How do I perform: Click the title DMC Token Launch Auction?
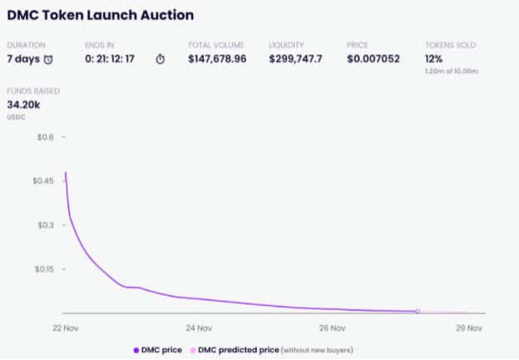click(x=100, y=15)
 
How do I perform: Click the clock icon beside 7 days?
click(x=49, y=59)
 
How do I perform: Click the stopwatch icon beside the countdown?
click(x=161, y=59)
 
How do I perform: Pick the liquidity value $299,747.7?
click(x=297, y=58)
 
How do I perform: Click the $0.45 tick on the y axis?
click(x=42, y=180)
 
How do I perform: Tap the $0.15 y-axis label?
click(x=42, y=269)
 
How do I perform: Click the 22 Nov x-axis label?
click(x=65, y=328)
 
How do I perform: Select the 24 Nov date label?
click(x=199, y=328)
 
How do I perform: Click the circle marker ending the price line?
click(x=418, y=311)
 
